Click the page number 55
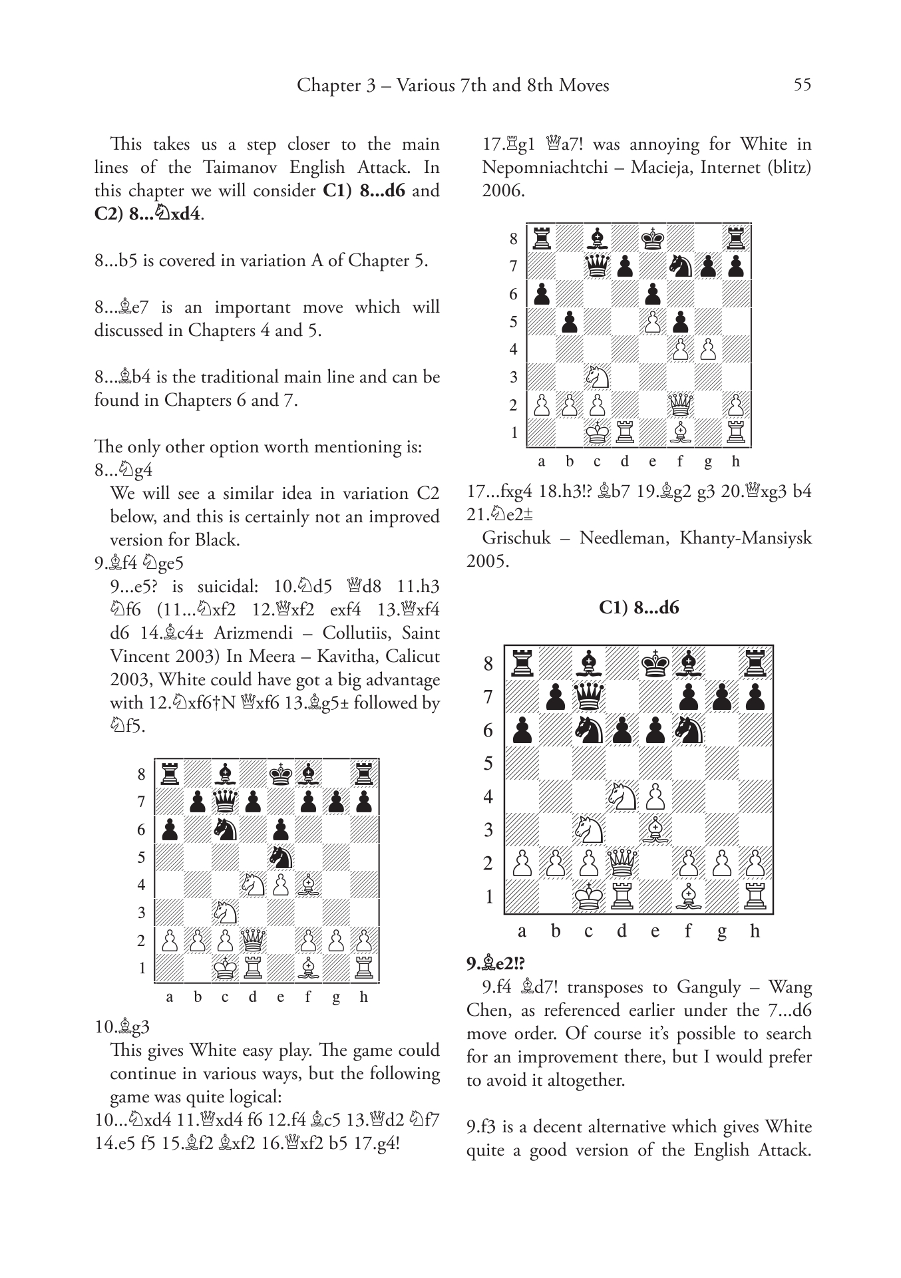click(x=802, y=85)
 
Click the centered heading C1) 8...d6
click(x=639, y=607)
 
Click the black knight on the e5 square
click(x=280, y=857)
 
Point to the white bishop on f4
click(x=308, y=885)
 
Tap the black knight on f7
click(x=680, y=266)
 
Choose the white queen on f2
click(x=680, y=404)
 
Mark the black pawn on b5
click(x=569, y=322)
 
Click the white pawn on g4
click(x=708, y=349)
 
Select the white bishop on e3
click(x=655, y=830)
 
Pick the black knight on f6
click(x=689, y=730)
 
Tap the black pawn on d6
click(x=622, y=730)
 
